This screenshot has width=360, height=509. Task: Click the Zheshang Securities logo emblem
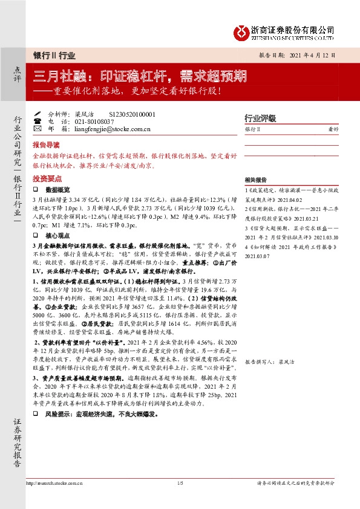[241, 31]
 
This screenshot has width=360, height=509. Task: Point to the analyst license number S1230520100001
[131, 114]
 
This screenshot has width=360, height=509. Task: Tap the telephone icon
[38, 121]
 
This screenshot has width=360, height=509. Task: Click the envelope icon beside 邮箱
[38, 129]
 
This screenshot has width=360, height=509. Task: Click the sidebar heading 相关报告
[256, 180]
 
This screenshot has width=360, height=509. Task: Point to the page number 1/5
[180, 483]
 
